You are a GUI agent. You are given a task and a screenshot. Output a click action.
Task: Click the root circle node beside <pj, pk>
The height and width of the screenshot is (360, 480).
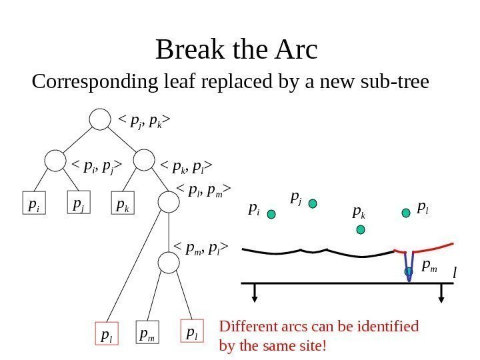[x=99, y=121]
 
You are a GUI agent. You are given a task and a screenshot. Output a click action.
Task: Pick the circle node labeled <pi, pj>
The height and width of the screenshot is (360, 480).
[x=55, y=161]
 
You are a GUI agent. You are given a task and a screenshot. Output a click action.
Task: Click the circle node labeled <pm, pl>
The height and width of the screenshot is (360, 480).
[x=169, y=263]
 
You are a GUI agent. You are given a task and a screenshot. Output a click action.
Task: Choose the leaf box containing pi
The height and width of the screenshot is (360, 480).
[x=34, y=206]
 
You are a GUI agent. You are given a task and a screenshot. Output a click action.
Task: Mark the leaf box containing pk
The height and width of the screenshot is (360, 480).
[x=122, y=206]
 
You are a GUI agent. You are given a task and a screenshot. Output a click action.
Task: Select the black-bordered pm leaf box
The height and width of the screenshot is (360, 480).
[x=148, y=333]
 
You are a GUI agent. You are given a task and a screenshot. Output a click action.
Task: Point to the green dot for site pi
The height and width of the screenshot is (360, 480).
[x=272, y=215]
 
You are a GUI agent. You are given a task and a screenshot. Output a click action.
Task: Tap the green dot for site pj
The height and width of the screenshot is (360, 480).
[x=313, y=203]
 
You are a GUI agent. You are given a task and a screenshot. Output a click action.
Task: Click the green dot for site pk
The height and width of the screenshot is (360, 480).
[x=361, y=230]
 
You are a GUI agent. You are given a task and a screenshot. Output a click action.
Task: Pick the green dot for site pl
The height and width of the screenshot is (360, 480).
[x=406, y=213]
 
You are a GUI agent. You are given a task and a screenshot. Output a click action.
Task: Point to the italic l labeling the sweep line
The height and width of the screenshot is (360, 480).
[x=455, y=273]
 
